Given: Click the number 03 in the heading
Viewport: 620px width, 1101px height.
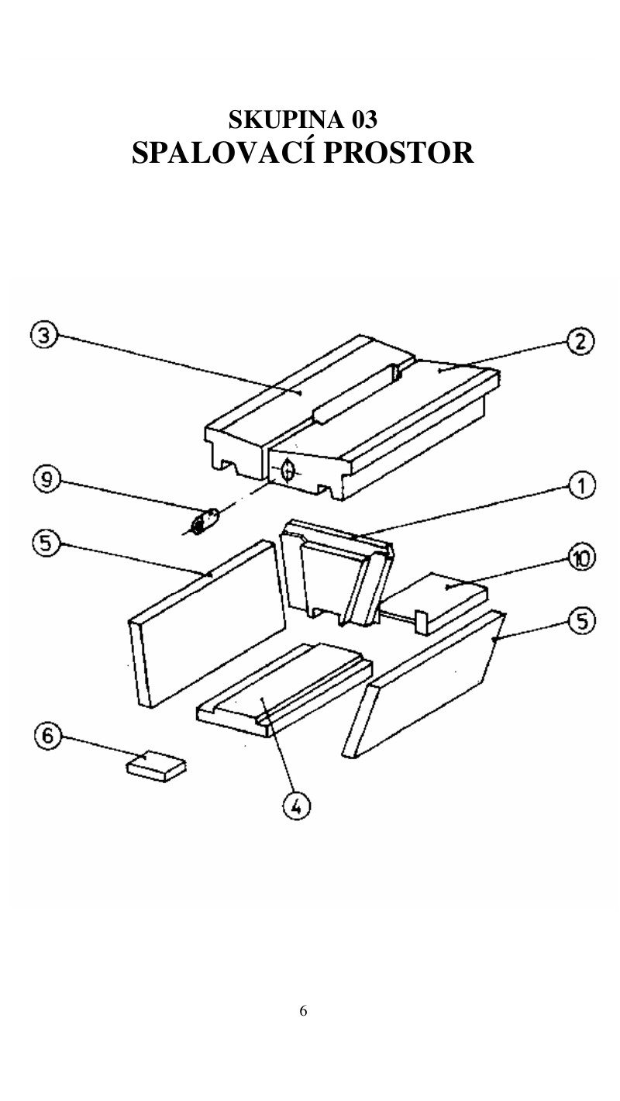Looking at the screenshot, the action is [x=364, y=119].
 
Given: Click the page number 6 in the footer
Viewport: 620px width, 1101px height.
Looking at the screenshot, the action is [x=303, y=1011].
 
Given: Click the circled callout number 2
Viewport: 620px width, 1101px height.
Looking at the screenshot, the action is [x=580, y=342].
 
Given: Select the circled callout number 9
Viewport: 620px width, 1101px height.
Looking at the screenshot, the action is [x=46, y=478].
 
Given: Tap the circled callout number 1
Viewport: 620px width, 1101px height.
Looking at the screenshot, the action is [x=582, y=485].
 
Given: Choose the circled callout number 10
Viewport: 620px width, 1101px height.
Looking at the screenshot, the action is [x=582, y=557].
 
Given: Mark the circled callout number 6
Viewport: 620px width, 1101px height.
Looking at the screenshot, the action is [x=47, y=736].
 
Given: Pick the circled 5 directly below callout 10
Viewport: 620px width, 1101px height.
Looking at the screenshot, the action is [x=582, y=621].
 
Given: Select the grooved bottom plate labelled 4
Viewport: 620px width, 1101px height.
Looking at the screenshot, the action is [x=284, y=689].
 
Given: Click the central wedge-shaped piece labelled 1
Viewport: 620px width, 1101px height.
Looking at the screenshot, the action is [x=337, y=572].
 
